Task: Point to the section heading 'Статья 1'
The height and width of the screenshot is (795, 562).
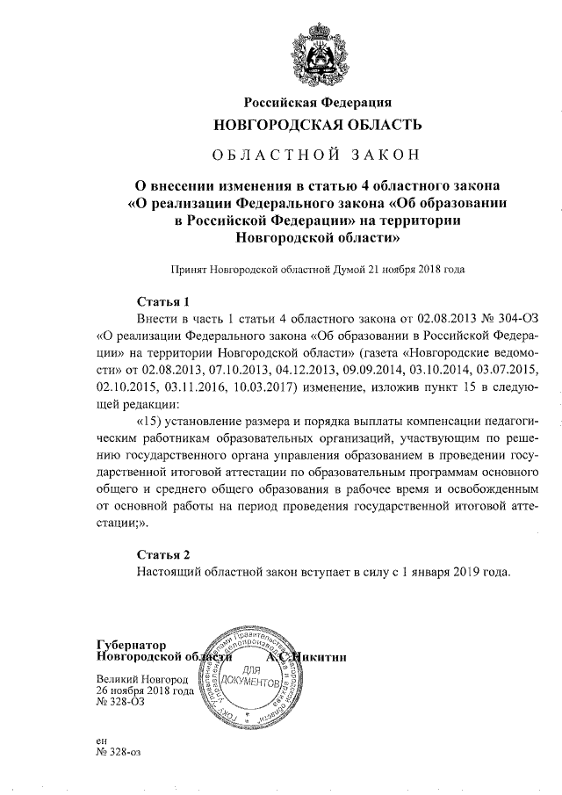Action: tap(163, 300)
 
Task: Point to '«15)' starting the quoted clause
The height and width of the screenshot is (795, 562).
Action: tap(153, 420)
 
